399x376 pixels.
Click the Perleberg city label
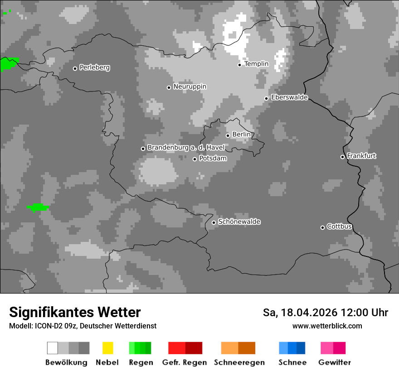(x=94, y=67)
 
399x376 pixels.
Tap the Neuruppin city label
(x=190, y=87)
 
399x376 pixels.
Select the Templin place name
(x=256, y=64)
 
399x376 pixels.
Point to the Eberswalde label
(x=289, y=97)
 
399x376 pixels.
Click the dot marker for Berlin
(x=228, y=135)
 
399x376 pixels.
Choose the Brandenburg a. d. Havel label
(x=186, y=148)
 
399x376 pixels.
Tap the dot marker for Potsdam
(x=195, y=159)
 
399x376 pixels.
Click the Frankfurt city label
(x=361, y=156)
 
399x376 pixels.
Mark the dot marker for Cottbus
(x=322, y=227)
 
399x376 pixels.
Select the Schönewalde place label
(x=239, y=222)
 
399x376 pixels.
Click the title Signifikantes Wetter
(x=75, y=313)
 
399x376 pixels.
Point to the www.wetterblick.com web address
(x=327, y=326)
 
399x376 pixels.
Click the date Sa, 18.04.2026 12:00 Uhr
(x=325, y=313)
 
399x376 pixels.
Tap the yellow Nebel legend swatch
(x=107, y=348)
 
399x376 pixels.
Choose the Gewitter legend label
(x=334, y=362)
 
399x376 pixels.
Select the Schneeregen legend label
(x=239, y=362)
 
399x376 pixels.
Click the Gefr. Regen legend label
(x=184, y=362)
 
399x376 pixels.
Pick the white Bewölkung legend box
(x=53, y=348)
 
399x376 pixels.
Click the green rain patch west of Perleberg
(x=8, y=64)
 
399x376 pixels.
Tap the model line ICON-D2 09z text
(x=83, y=326)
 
